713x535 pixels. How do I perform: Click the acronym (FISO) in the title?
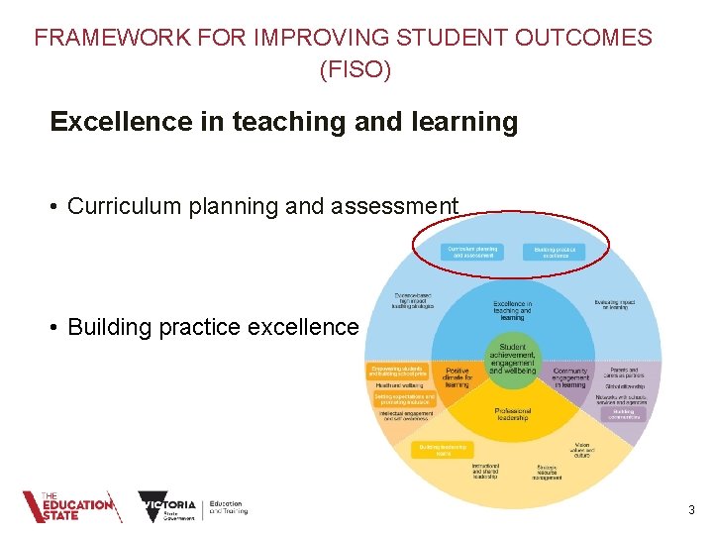click(356, 70)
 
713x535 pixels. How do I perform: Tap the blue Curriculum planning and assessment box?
click(472, 252)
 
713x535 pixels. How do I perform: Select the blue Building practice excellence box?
click(555, 253)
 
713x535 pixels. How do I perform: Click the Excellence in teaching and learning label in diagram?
click(512, 310)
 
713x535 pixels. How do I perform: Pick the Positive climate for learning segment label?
click(457, 377)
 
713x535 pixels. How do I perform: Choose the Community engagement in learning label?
click(569, 377)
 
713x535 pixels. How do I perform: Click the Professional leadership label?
click(512, 414)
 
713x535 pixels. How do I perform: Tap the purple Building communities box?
click(623, 413)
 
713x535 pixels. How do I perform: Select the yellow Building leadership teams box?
click(442, 449)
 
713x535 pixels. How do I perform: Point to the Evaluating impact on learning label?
click(614, 305)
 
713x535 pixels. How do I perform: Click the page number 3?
click(691, 510)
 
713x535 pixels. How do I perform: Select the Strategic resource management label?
click(550, 472)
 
